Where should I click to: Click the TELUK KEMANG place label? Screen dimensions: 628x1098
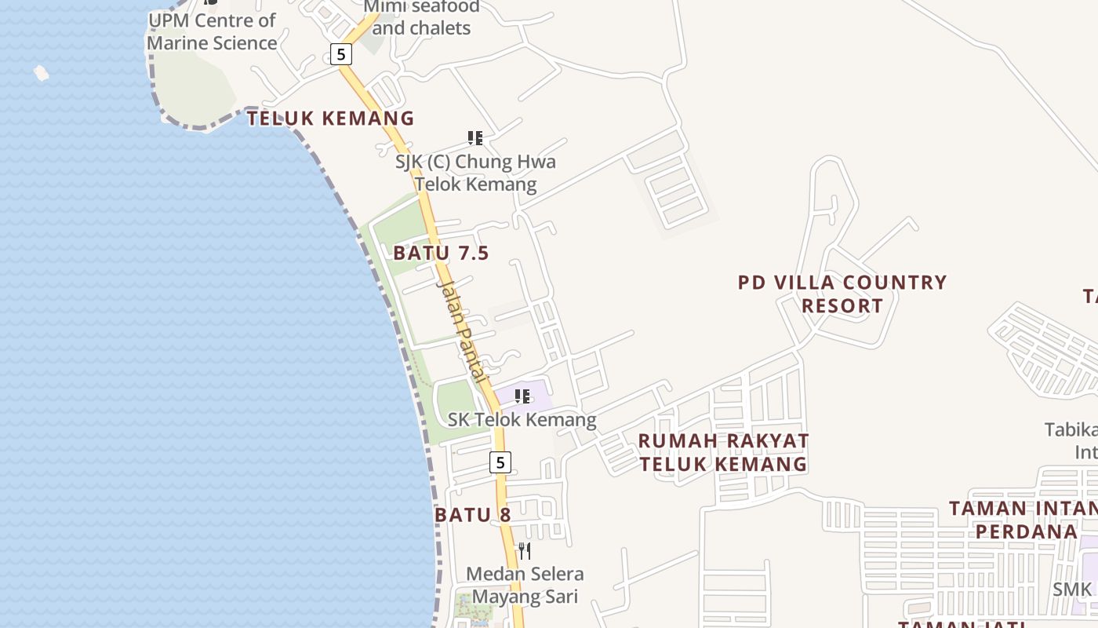point(330,119)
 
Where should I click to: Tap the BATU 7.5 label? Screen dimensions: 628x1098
point(441,253)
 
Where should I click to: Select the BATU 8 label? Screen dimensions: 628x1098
point(472,515)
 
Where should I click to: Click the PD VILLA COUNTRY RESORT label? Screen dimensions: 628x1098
point(842,294)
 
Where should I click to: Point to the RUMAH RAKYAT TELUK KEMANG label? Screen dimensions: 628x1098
point(723,452)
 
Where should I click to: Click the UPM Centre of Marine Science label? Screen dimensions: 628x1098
point(212,31)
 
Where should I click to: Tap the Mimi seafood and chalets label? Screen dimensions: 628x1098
point(421,18)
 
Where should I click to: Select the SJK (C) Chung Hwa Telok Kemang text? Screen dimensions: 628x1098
point(475,173)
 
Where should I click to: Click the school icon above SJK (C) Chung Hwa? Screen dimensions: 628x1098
point(474,138)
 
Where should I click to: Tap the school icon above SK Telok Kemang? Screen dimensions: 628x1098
point(522,396)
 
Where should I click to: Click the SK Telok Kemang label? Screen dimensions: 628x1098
point(522,420)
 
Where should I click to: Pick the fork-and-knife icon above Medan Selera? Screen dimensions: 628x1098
point(525,551)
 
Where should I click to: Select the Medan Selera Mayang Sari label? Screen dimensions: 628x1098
point(525,585)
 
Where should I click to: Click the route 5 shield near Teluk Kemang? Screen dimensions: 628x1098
point(340,54)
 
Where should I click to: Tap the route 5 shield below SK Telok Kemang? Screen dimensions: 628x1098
point(500,462)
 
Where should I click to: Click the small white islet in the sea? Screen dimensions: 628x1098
point(42,73)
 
